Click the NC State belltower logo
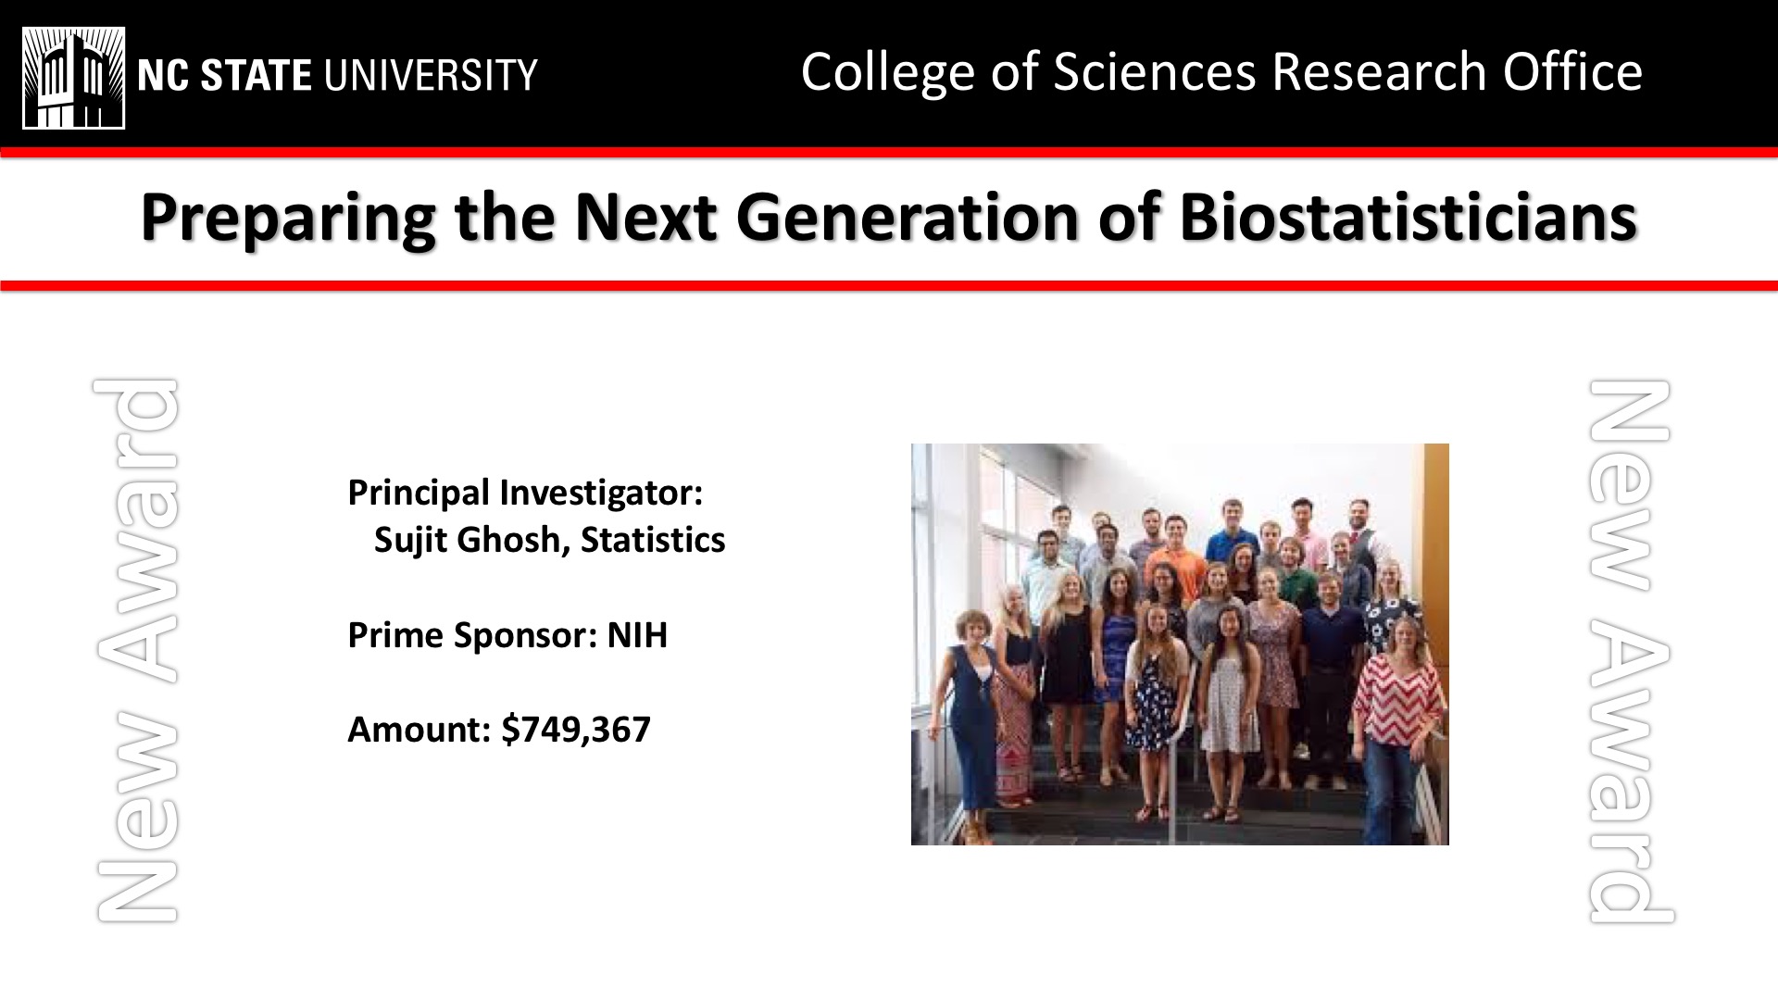74,77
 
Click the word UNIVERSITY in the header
429,75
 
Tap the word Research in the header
1379,71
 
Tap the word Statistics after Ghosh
653,540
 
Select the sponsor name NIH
637,635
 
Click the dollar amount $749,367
576,730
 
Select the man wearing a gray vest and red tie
1360,536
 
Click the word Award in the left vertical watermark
136,531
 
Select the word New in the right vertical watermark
1630,485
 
